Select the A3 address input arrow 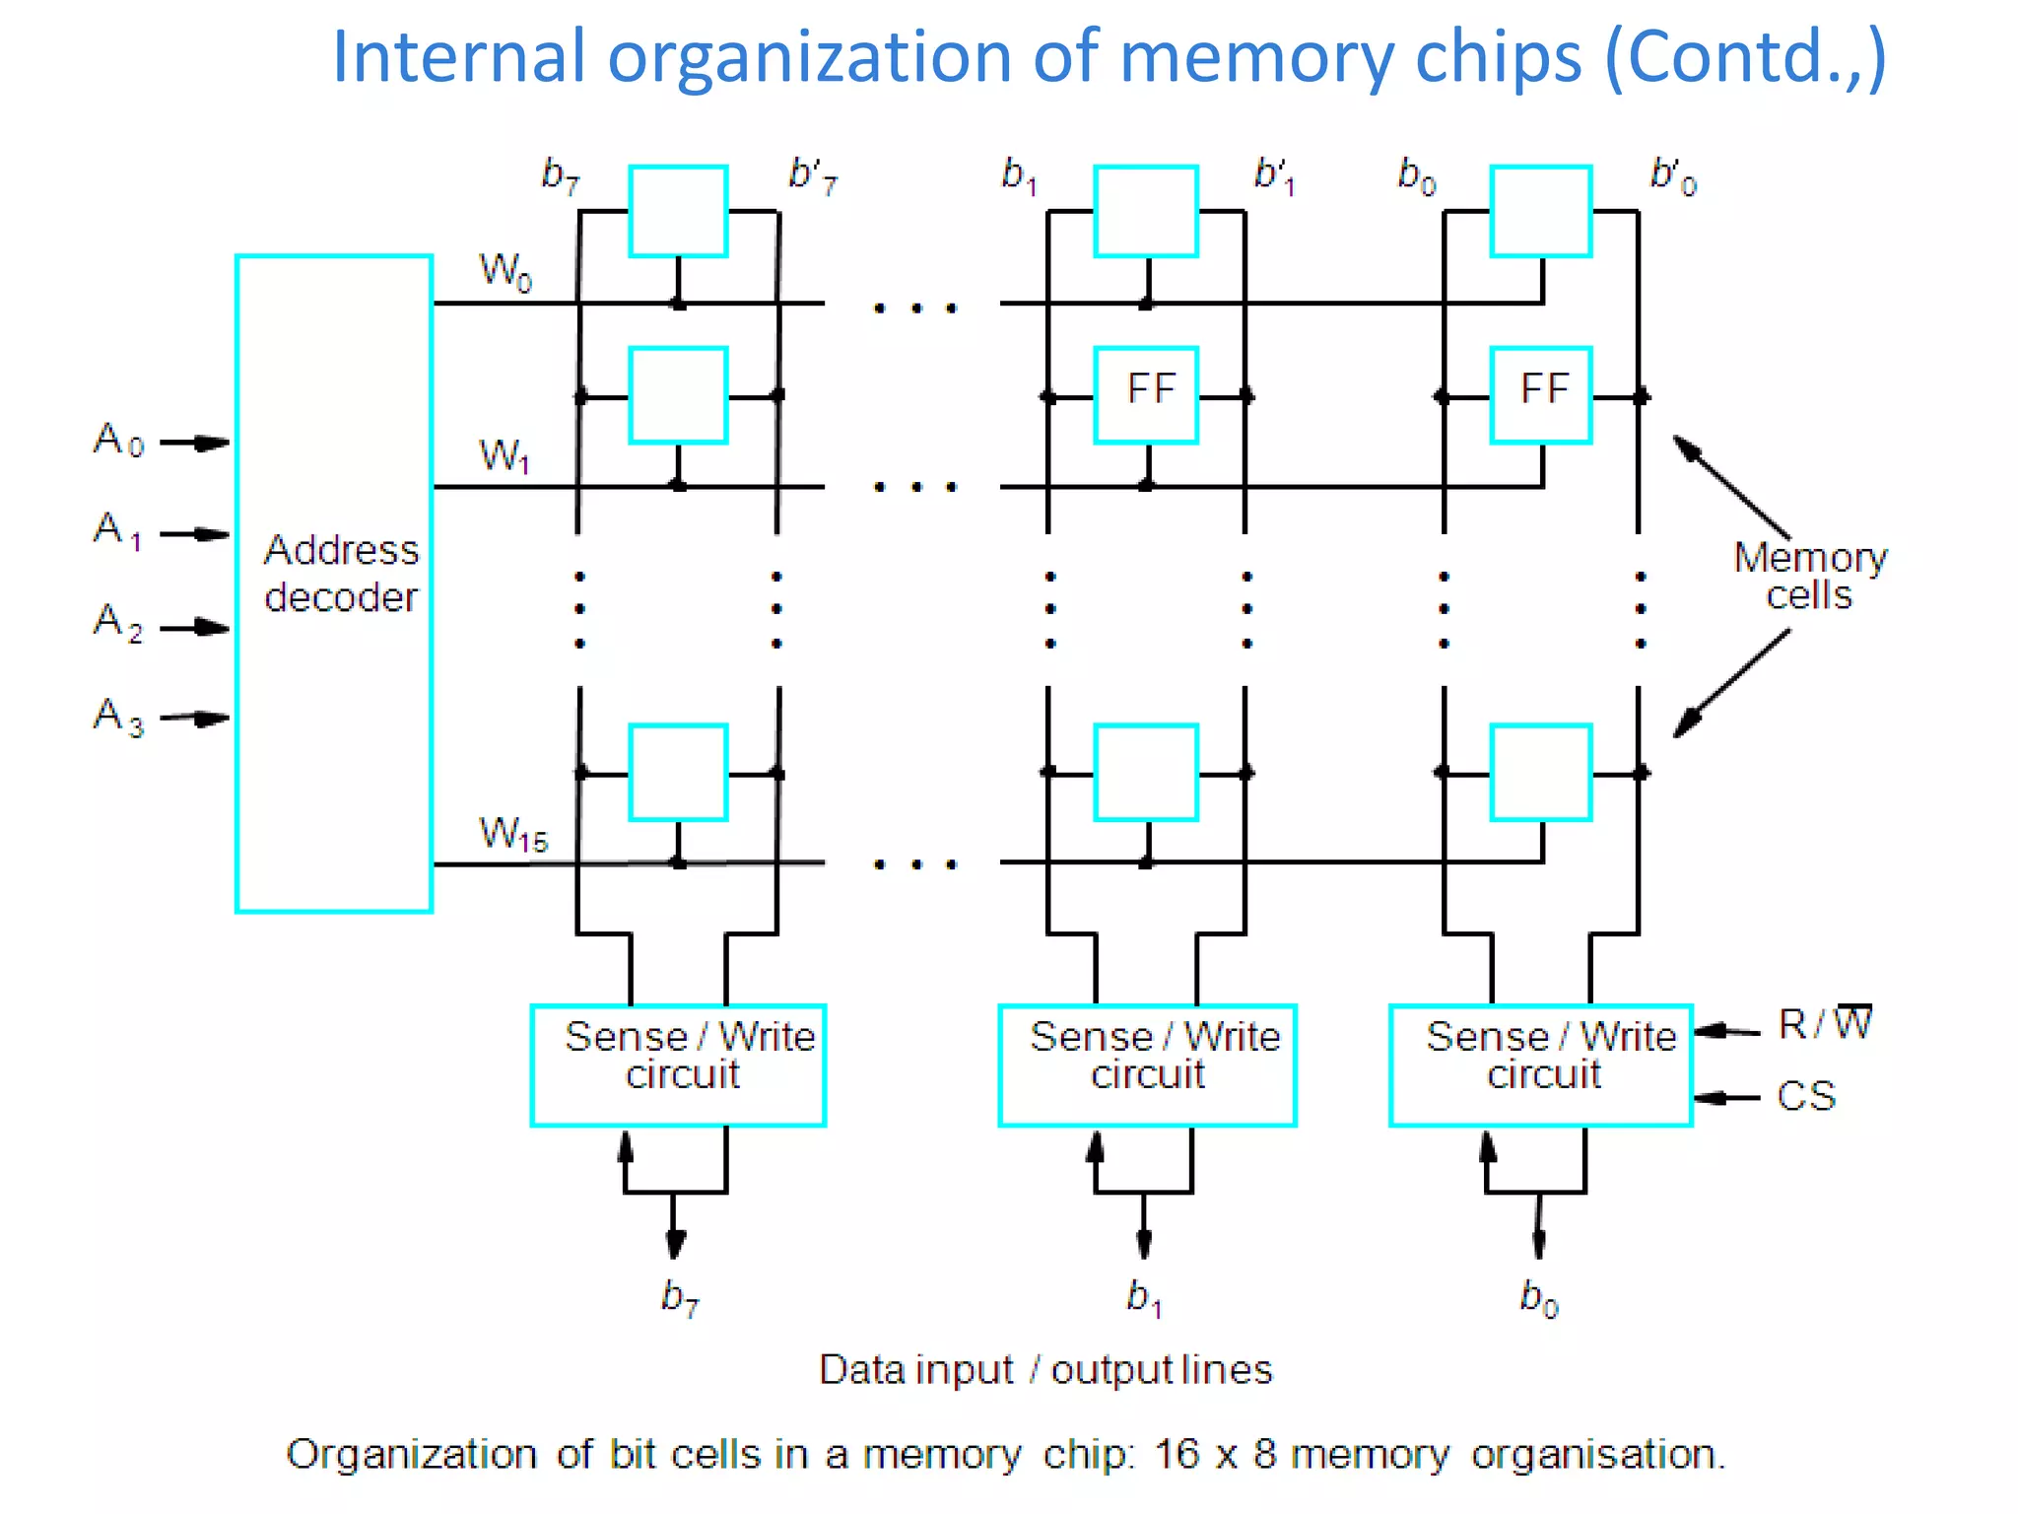(195, 719)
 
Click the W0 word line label (504, 270)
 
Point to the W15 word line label (512, 834)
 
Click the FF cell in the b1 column (1147, 394)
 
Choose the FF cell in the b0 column (1541, 394)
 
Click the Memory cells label (1809, 576)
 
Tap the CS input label (1805, 1096)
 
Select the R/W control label (1823, 1025)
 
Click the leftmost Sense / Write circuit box (678, 1065)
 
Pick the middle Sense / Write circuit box (1147, 1065)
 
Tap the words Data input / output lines (1044, 1370)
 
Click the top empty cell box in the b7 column (678, 211)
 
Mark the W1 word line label (504, 455)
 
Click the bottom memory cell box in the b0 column (1541, 773)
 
